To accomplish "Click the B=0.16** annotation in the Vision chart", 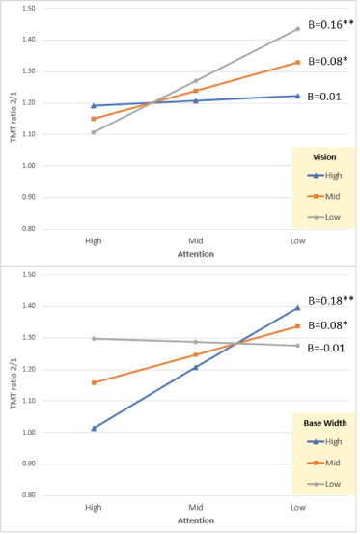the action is point(331,25).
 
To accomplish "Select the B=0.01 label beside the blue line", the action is point(324,97).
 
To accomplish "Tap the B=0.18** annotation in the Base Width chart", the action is point(331,300).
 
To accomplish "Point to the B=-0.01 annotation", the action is point(326,348).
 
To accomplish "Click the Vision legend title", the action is point(324,157).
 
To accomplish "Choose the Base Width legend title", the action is point(325,423).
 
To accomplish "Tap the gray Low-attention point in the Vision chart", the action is point(297,29).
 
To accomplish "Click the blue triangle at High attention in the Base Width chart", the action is point(94,428).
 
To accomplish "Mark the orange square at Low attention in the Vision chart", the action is point(297,63).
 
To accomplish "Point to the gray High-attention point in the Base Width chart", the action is point(94,339).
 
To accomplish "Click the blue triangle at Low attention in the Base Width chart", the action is point(297,307).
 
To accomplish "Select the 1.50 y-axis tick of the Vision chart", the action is point(29,8).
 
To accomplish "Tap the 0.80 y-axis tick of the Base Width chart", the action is point(29,494).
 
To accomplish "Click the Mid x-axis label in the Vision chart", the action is point(196,241).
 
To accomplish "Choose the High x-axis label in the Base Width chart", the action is point(94,507).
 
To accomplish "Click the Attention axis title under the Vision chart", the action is point(196,254).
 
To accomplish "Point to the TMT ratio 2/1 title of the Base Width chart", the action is point(14,382).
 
